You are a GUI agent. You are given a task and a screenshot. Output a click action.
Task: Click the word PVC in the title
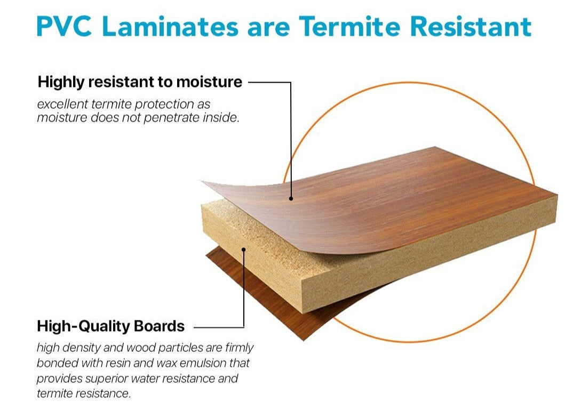(x=64, y=26)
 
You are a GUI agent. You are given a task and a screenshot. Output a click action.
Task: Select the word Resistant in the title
(x=471, y=26)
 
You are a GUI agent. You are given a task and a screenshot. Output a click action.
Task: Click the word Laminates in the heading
(x=170, y=26)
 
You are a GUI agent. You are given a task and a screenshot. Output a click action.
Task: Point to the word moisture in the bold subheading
(x=209, y=82)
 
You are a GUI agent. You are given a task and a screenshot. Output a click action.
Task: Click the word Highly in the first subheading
(x=61, y=83)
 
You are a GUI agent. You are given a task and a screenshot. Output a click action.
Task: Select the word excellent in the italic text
(x=62, y=104)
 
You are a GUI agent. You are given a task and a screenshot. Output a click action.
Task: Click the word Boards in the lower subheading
(x=159, y=326)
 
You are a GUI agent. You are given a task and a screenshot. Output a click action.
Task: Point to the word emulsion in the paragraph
(x=203, y=363)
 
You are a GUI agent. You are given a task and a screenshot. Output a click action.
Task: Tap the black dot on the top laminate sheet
(x=291, y=198)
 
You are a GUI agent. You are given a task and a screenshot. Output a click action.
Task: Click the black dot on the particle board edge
(x=244, y=249)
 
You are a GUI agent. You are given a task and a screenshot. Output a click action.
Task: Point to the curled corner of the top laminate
(x=207, y=183)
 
